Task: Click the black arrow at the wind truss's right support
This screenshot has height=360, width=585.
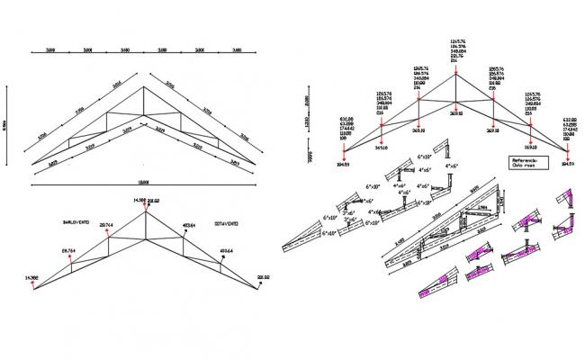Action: coord(261,287)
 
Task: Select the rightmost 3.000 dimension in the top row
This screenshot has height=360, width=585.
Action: coord(236,51)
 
